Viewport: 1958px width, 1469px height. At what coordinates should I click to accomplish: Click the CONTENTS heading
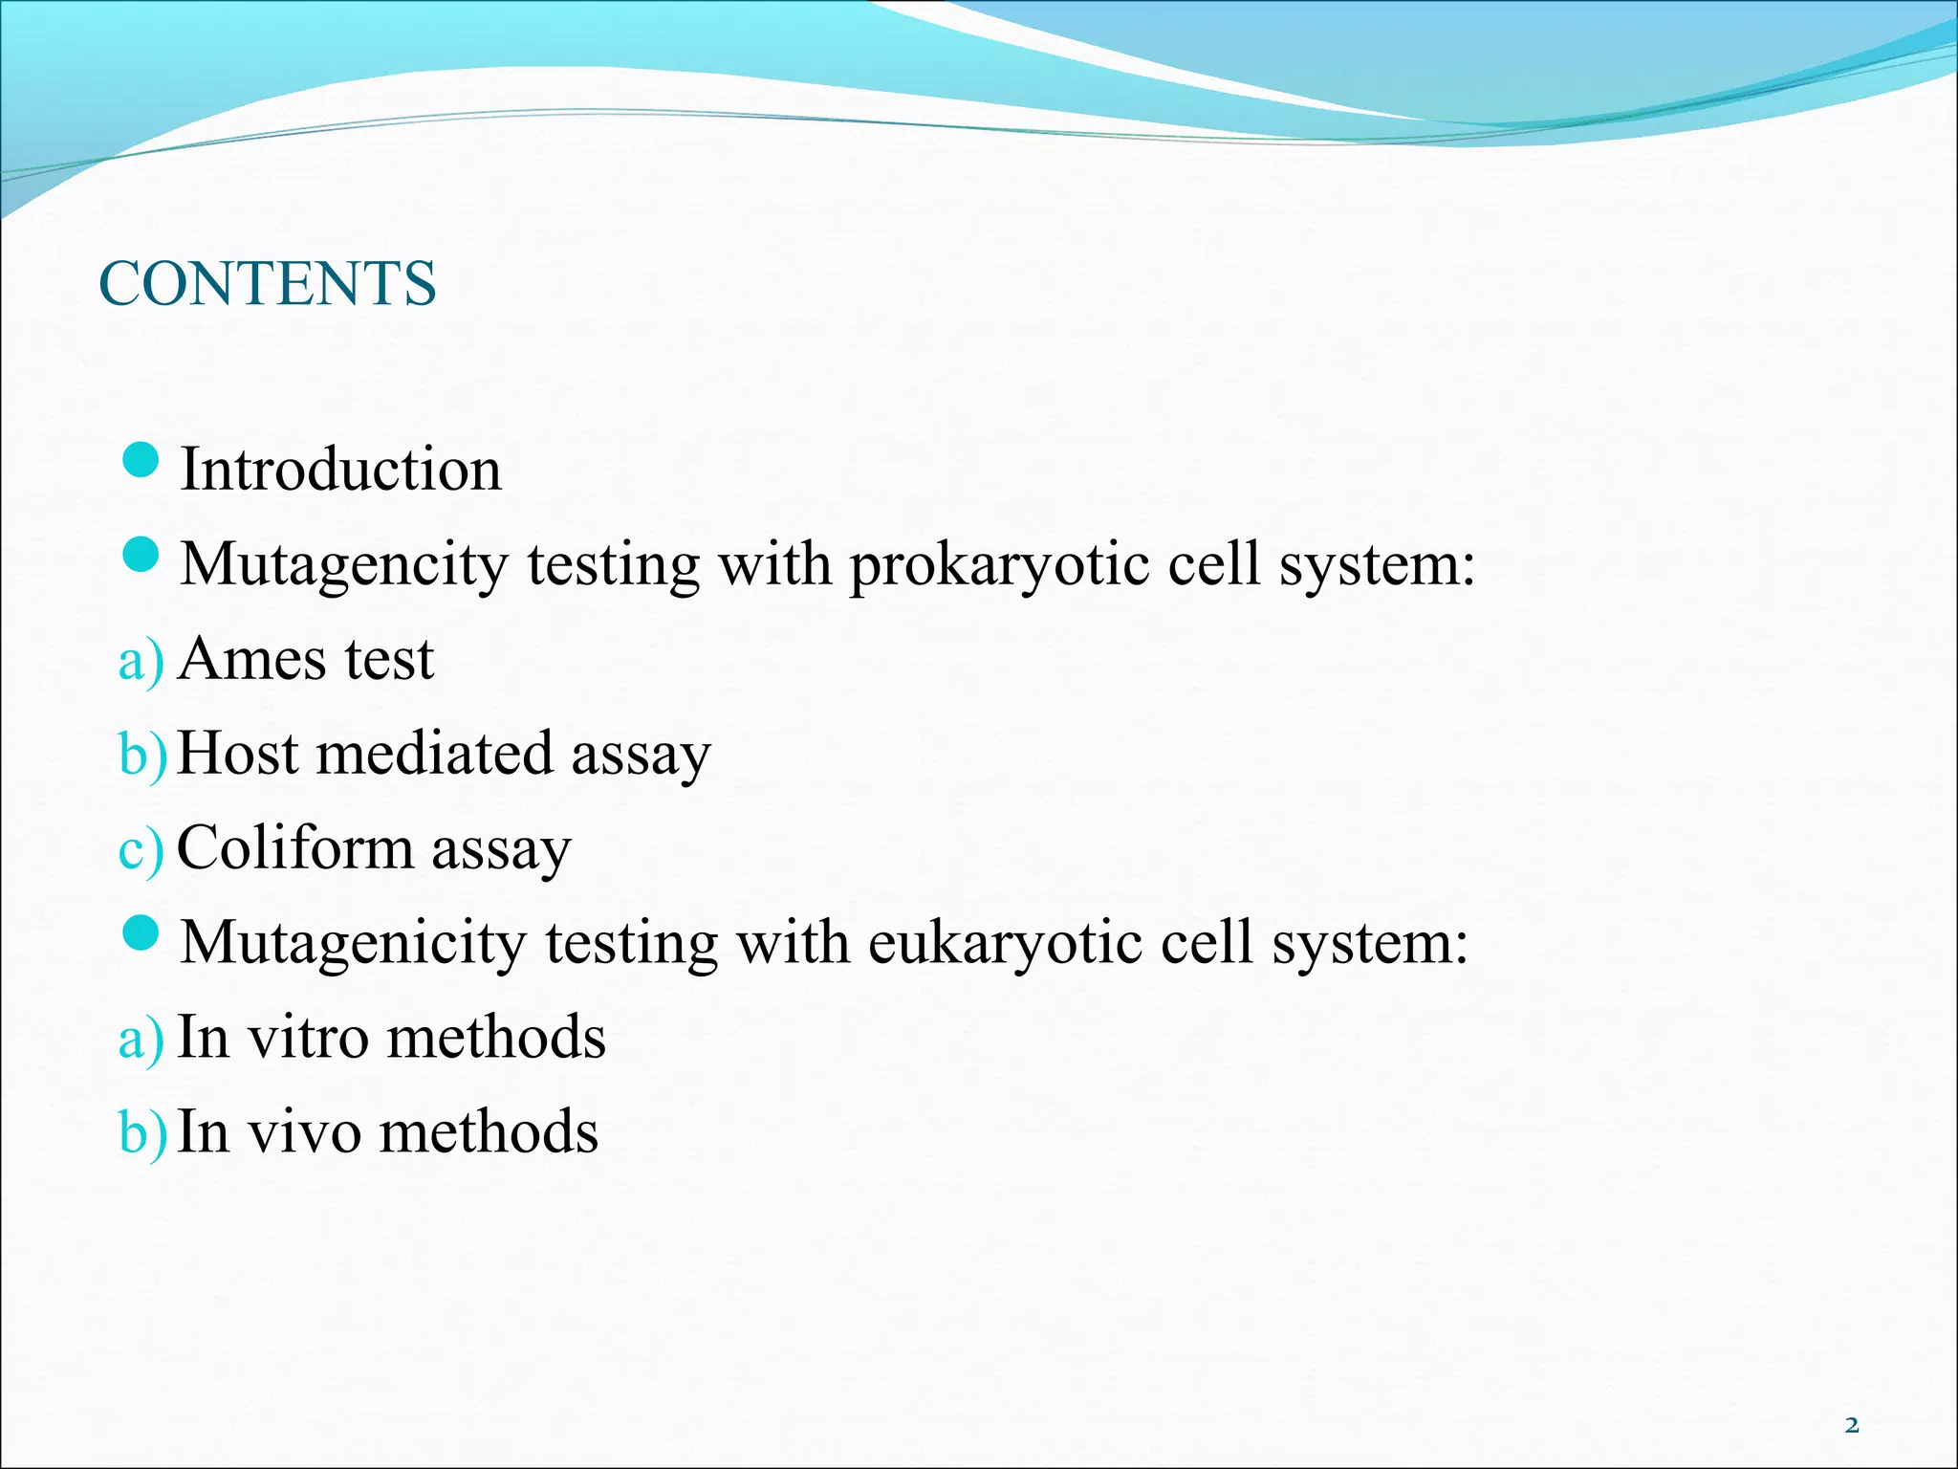[x=268, y=283]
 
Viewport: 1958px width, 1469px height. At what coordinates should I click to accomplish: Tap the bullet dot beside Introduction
[x=141, y=460]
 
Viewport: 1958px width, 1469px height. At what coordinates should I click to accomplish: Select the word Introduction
[x=340, y=470]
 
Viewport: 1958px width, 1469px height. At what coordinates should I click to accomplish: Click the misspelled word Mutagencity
[x=343, y=564]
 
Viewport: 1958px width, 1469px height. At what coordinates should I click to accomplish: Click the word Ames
[x=252, y=659]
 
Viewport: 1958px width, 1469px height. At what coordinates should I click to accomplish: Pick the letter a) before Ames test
[x=141, y=661]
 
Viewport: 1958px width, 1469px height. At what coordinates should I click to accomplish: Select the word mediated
[x=434, y=753]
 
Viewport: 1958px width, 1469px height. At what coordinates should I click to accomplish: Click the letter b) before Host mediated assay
[x=141, y=755]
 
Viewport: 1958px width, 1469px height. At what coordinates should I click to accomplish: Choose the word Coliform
[x=294, y=847]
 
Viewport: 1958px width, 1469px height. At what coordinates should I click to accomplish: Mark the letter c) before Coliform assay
[x=141, y=850]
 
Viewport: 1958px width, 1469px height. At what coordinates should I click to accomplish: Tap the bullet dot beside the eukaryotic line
[x=141, y=932]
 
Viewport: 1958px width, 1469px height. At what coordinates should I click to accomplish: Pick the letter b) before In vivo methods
[x=141, y=1133]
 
